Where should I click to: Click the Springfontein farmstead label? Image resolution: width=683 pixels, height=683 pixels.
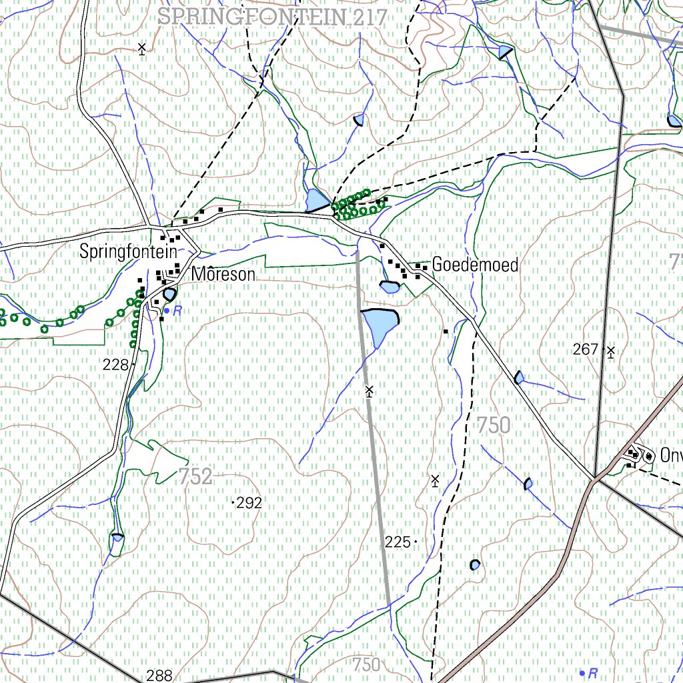[x=128, y=252]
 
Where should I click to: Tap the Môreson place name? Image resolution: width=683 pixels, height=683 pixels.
[x=223, y=274]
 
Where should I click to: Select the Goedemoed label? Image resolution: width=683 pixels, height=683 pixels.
[x=475, y=265]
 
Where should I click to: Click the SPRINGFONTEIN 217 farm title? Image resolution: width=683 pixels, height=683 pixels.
[x=272, y=17]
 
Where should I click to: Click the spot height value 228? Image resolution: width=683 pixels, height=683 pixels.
[x=115, y=365]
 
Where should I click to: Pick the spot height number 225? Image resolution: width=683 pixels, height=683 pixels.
[x=398, y=542]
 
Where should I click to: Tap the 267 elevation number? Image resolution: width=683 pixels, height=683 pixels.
[x=586, y=349]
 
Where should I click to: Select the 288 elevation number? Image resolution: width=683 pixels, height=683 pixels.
[x=160, y=675]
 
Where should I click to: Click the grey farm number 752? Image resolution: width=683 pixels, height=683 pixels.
[x=195, y=476]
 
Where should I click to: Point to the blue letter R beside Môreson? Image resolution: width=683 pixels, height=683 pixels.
[x=177, y=310]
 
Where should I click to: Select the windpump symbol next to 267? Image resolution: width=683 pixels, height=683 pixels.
[x=610, y=350]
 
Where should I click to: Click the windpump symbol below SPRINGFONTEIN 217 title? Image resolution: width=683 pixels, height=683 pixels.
[x=141, y=48]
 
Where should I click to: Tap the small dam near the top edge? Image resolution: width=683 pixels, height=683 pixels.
[x=506, y=51]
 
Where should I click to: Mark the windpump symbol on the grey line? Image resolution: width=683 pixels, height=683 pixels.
[x=370, y=391]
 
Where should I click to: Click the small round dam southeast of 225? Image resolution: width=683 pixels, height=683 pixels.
[x=474, y=565]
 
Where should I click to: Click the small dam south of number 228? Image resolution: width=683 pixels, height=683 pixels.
[x=117, y=538]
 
